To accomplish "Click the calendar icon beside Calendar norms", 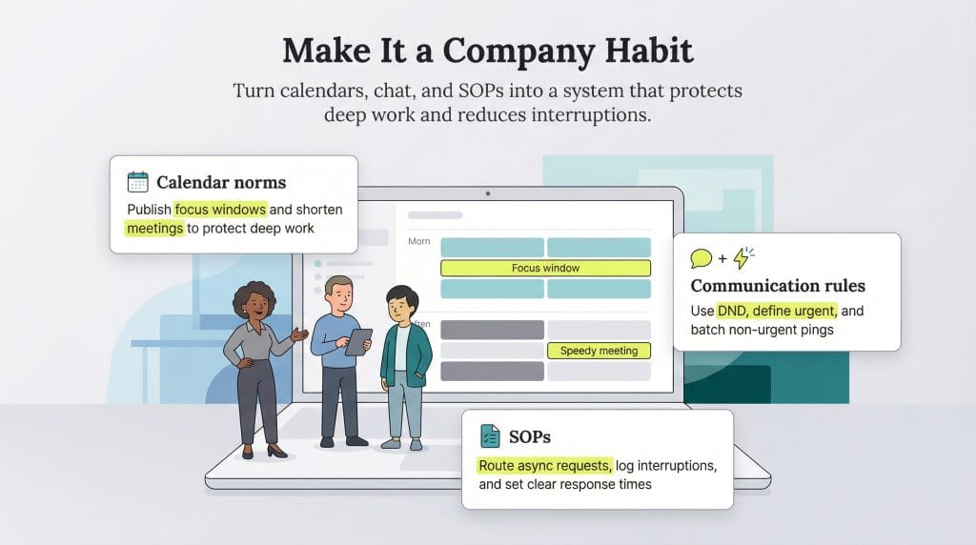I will [x=138, y=182].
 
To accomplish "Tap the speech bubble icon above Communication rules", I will [x=701, y=258].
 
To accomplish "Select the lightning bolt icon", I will [x=743, y=258].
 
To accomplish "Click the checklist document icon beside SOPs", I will [x=490, y=436].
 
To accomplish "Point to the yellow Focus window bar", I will [x=545, y=268].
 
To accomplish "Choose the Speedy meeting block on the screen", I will [x=599, y=351].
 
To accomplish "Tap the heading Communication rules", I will [x=778, y=286].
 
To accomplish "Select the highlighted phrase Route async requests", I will [x=545, y=465].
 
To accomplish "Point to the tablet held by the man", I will [x=358, y=340].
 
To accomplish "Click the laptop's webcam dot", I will [x=488, y=193].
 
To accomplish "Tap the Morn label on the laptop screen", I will [x=419, y=241].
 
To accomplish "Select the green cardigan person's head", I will [x=400, y=305].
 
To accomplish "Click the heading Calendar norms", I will [x=221, y=182].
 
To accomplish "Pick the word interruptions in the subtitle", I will [x=587, y=115].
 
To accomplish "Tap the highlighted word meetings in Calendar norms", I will [x=154, y=228].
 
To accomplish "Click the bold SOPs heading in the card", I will [x=530, y=437].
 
